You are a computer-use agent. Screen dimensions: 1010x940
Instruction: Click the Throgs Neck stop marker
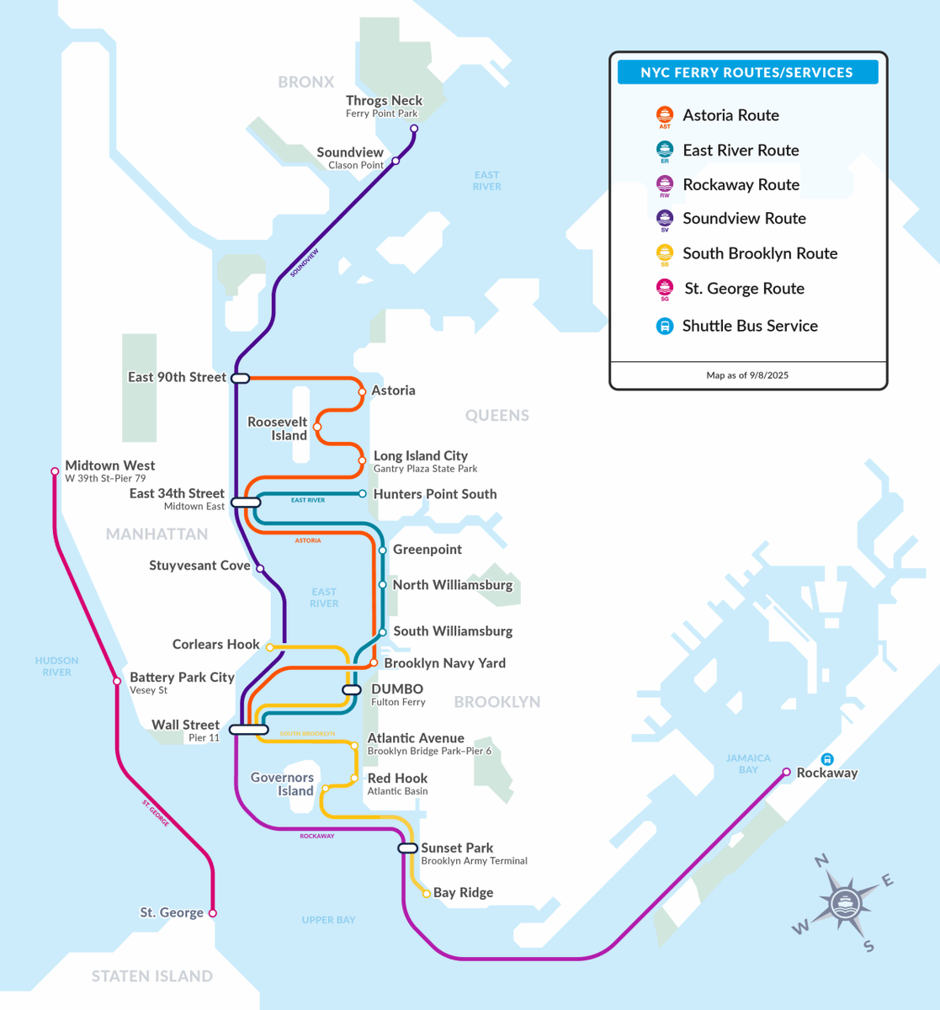413,129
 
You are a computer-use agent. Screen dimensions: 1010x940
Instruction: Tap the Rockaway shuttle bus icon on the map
827,759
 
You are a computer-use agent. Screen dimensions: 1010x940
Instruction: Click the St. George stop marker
212,913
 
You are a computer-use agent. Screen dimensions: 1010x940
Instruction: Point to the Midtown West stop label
110,465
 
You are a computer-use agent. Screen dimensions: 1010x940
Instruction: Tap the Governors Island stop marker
326,789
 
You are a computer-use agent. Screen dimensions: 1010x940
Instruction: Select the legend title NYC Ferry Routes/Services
747,72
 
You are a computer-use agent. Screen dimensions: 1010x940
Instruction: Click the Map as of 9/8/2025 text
747,375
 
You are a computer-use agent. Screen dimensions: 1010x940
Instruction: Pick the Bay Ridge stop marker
427,894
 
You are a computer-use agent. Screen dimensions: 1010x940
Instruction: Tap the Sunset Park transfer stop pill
407,848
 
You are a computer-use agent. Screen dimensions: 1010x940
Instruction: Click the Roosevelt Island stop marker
317,428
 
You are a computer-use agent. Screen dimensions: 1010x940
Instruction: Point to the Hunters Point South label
435,494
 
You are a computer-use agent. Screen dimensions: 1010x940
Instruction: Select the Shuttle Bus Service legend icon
665,327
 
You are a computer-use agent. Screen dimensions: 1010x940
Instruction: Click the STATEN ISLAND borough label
152,976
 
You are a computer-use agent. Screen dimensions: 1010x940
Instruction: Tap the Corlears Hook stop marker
269,647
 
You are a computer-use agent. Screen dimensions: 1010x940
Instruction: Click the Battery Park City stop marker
117,681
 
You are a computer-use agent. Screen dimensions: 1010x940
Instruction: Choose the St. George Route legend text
744,289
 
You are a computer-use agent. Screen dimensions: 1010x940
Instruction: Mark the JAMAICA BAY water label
748,764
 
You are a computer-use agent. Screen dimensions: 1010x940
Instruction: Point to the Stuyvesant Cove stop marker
260,568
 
